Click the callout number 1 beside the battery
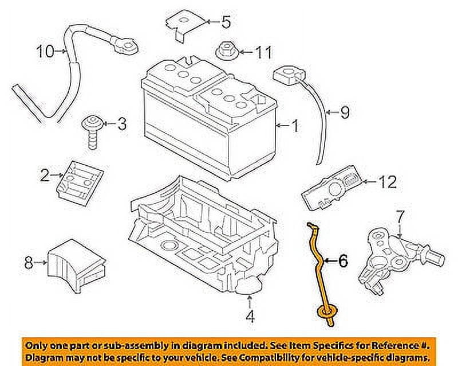(x=295, y=126)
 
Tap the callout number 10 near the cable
(x=46, y=52)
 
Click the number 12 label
(x=387, y=182)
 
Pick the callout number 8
(x=29, y=263)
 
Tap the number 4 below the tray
(x=250, y=316)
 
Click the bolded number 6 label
(x=342, y=262)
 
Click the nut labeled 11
(x=226, y=51)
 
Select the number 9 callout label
(x=344, y=113)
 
